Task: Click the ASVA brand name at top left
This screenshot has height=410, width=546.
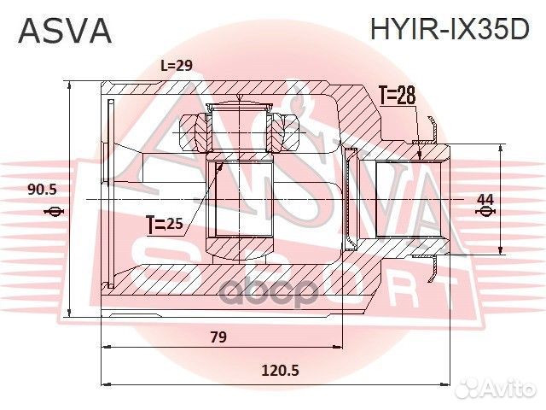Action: [x=64, y=30]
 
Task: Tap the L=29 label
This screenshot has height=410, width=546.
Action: [x=177, y=66]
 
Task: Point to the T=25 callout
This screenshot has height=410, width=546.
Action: [x=165, y=225]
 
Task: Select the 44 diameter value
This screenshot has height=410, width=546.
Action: [x=485, y=199]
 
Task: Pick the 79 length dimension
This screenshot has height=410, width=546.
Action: [x=218, y=336]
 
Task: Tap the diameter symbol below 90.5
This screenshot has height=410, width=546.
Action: [x=54, y=212]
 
